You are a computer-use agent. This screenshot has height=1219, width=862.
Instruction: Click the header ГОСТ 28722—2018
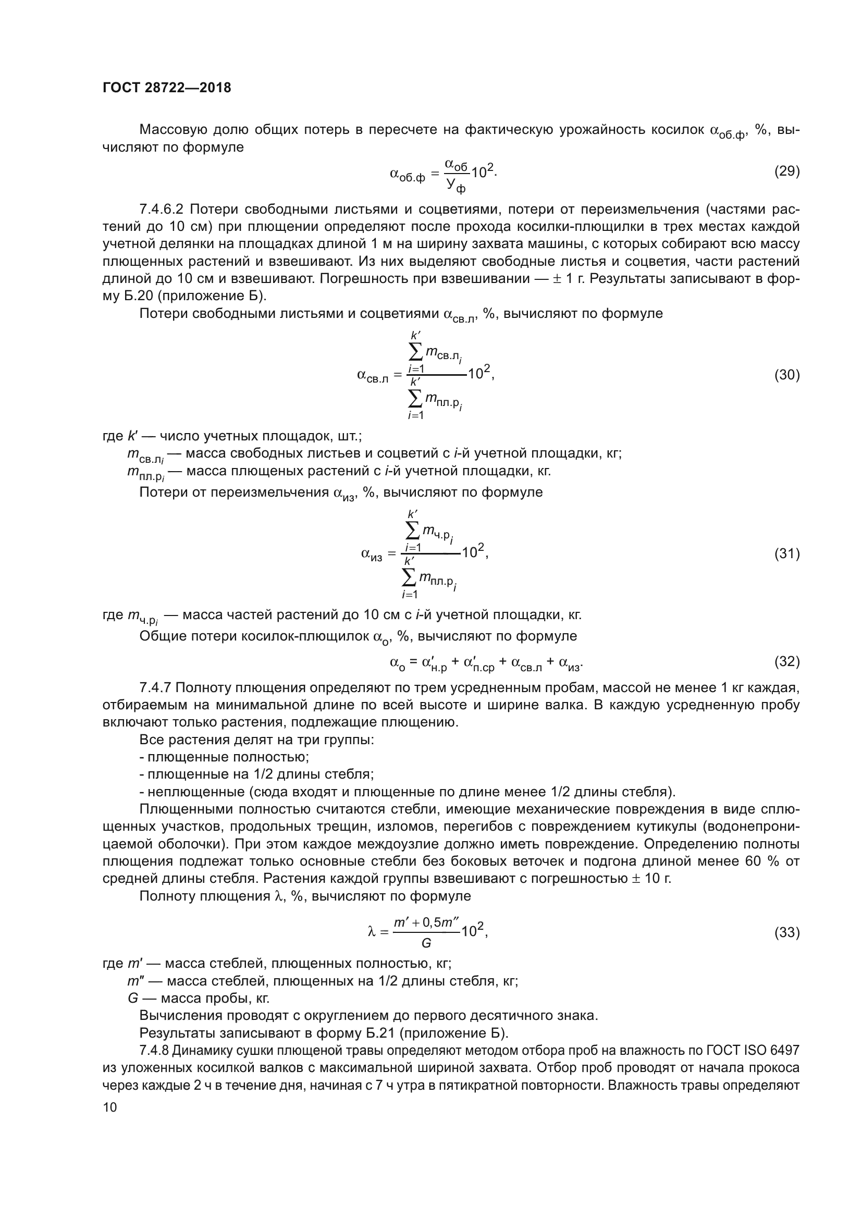tap(167, 88)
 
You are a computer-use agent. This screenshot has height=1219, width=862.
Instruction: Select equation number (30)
tap(786, 375)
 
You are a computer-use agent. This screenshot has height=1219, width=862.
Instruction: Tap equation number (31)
tap(786, 554)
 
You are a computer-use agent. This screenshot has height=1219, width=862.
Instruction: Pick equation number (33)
tap(786, 932)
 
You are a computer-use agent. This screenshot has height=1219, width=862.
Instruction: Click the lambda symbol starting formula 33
tap(372, 932)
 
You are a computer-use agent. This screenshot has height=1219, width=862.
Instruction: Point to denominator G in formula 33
tap(426, 943)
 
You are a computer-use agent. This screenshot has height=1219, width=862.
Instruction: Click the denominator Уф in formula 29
tap(455, 186)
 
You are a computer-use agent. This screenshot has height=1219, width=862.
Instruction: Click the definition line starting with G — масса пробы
tap(199, 998)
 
